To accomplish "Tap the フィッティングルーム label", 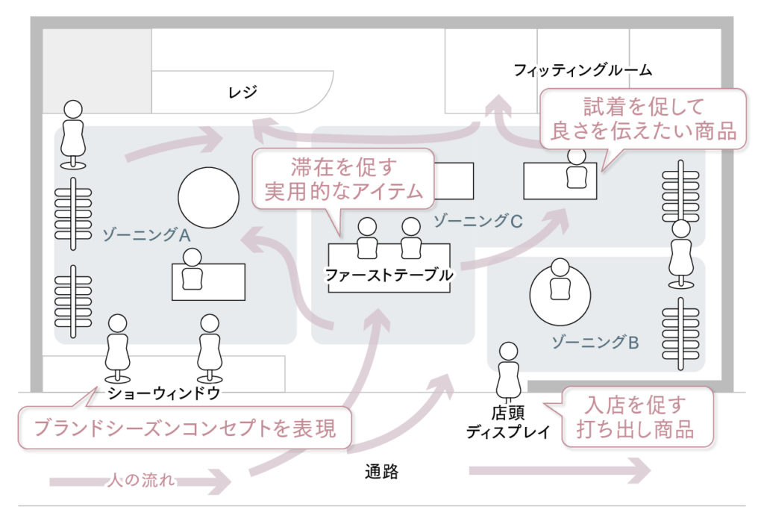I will pos(583,71).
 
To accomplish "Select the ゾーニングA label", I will pos(146,234).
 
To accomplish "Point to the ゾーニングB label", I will pos(595,343).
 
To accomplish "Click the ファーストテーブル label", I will pos(389,275).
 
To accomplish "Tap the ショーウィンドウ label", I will pos(164,393).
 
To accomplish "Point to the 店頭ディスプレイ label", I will pos(507,422).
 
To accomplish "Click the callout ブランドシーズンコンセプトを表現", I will pos(185,428).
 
